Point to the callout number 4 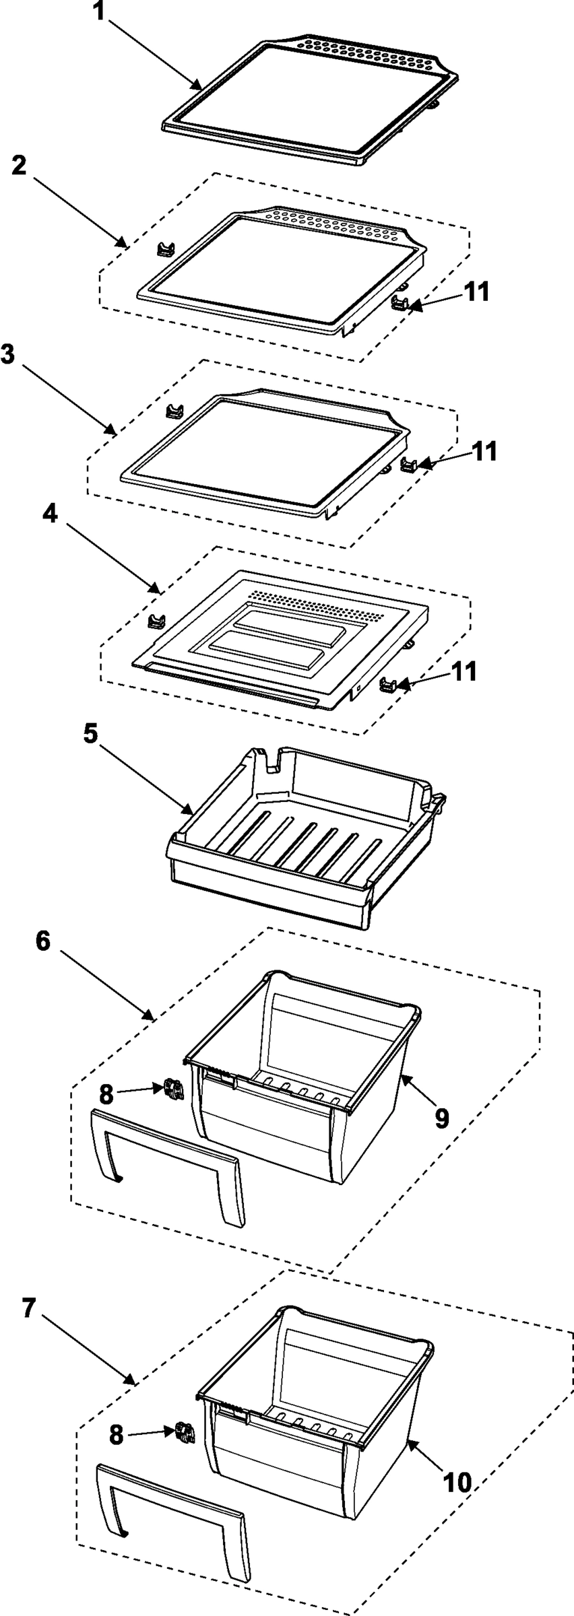(x=51, y=514)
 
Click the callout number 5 (x=92, y=734)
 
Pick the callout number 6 (x=42, y=941)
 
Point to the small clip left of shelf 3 (x=174, y=409)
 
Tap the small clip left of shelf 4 (x=156, y=619)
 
